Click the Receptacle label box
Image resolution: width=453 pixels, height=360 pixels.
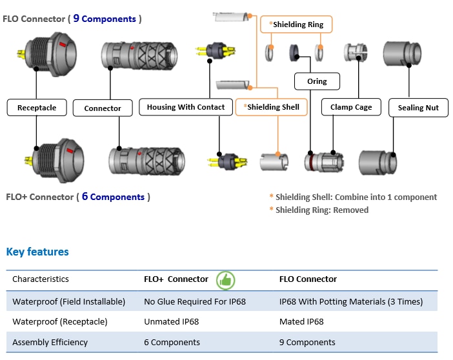click(37, 108)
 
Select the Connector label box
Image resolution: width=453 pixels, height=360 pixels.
click(103, 108)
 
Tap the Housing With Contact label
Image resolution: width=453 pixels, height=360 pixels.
click(186, 107)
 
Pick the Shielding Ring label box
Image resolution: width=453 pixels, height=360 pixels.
click(297, 25)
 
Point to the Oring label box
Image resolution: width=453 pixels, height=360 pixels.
click(317, 81)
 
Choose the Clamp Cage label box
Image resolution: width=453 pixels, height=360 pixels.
click(351, 107)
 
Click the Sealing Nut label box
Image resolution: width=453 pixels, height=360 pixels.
click(418, 108)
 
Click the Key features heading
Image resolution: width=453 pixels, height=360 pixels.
click(37, 252)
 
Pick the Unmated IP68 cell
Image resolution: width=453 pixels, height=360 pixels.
click(171, 321)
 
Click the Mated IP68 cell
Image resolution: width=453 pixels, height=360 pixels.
click(301, 321)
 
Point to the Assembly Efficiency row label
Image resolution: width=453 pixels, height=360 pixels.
click(50, 342)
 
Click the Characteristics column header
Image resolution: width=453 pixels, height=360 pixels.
click(41, 279)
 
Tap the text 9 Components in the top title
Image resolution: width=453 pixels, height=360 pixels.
click(105, 19)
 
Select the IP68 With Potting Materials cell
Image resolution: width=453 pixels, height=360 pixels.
click(350, 301)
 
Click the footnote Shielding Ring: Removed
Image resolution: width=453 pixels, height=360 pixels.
click(321, 210)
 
